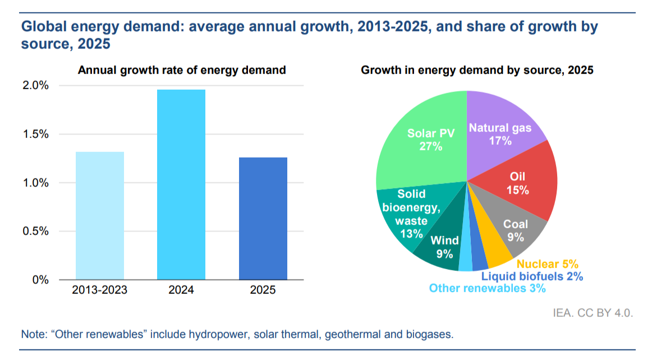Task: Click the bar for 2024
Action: pyautogui.click(x=181, y=184)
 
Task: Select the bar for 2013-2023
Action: pyautogui.click(x=99, y=216)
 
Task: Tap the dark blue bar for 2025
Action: pyautogui.click(x=263, y=219)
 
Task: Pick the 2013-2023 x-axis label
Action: pyautogui.click(x=99, y=290)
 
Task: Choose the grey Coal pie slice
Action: pyautogui.click(x=513, y=230)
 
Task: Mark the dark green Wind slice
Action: pyautogui.click(x=443, y=247)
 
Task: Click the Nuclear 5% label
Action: pyautogui.click(x=547, y=264)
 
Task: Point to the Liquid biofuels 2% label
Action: pyautogui.click(x=532, y=276)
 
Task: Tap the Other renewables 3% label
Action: pyautogui.click(x=487, y=288)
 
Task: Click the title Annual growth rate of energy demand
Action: pyautogui.click(x=182, y=70)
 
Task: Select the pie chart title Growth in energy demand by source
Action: pyautogui.click(x=477, y=70)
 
